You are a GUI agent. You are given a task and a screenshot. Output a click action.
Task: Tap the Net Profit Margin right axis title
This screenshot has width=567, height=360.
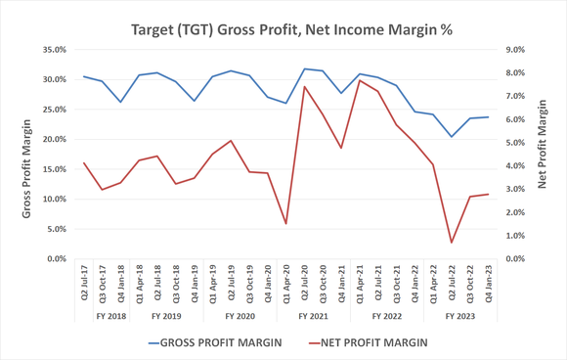(x=544, y=155)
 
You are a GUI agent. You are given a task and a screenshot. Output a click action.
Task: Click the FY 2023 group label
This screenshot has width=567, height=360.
(x=460, y=317)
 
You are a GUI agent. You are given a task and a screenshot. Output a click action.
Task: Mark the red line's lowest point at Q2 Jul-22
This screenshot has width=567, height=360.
(x=452, y=243)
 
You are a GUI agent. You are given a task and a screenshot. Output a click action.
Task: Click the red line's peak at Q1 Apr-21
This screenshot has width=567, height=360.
(x=360, y=80)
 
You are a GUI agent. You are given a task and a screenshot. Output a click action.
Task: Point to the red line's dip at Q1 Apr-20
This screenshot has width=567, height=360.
(x=286, y=224)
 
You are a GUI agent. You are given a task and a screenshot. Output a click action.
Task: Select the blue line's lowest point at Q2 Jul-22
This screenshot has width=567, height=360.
(x=452, y=136)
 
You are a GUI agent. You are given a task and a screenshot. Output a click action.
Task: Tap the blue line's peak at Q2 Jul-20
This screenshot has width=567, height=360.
(x=305, y=68)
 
